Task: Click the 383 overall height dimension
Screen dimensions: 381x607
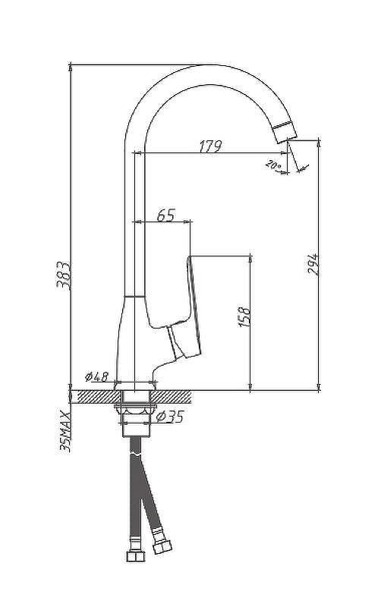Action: [x=64, y=275]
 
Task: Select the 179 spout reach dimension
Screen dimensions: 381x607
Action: [x=210, y=146]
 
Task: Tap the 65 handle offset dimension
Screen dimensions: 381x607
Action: [x=166, y=215]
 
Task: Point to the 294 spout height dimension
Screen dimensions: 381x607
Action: [x=313, y=264]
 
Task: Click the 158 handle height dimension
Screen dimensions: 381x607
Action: [x=244, y=317]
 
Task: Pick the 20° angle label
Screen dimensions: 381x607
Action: [x=273, y=165]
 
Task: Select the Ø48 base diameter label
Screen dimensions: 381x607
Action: [x=97, y=376]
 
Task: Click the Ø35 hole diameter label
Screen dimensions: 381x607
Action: [x=169, y=417]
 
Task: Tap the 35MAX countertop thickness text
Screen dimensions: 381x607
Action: [x=65, y=432]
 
